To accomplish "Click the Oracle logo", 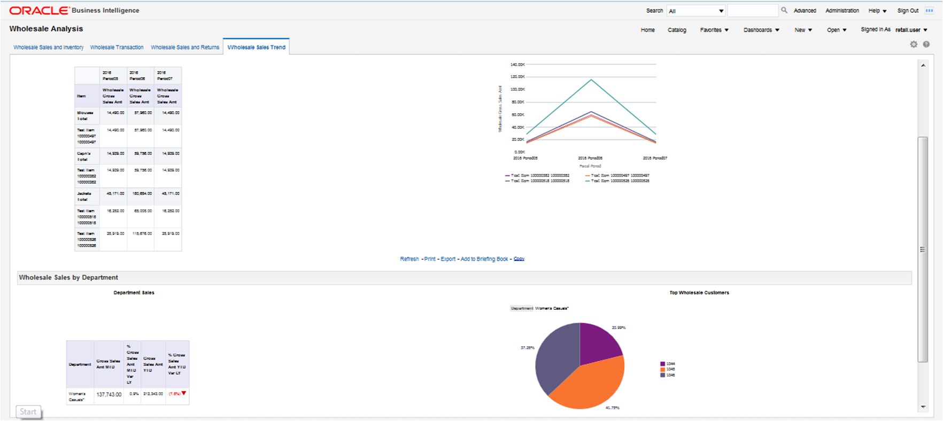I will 39,11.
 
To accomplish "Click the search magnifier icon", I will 784,10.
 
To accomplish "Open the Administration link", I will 842,11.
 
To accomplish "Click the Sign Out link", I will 908,11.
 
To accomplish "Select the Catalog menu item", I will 677,30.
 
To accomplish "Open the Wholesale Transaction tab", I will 117,48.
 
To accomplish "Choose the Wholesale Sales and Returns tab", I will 185,48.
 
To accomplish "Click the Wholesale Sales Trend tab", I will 256,48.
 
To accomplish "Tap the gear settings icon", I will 914,44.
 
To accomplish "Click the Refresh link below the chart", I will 409,259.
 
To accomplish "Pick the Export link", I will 448,259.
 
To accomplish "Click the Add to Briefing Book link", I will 484,259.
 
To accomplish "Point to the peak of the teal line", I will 591,80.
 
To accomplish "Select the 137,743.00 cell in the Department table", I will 109,395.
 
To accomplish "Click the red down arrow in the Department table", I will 184,393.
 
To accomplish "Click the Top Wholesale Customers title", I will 699,293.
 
